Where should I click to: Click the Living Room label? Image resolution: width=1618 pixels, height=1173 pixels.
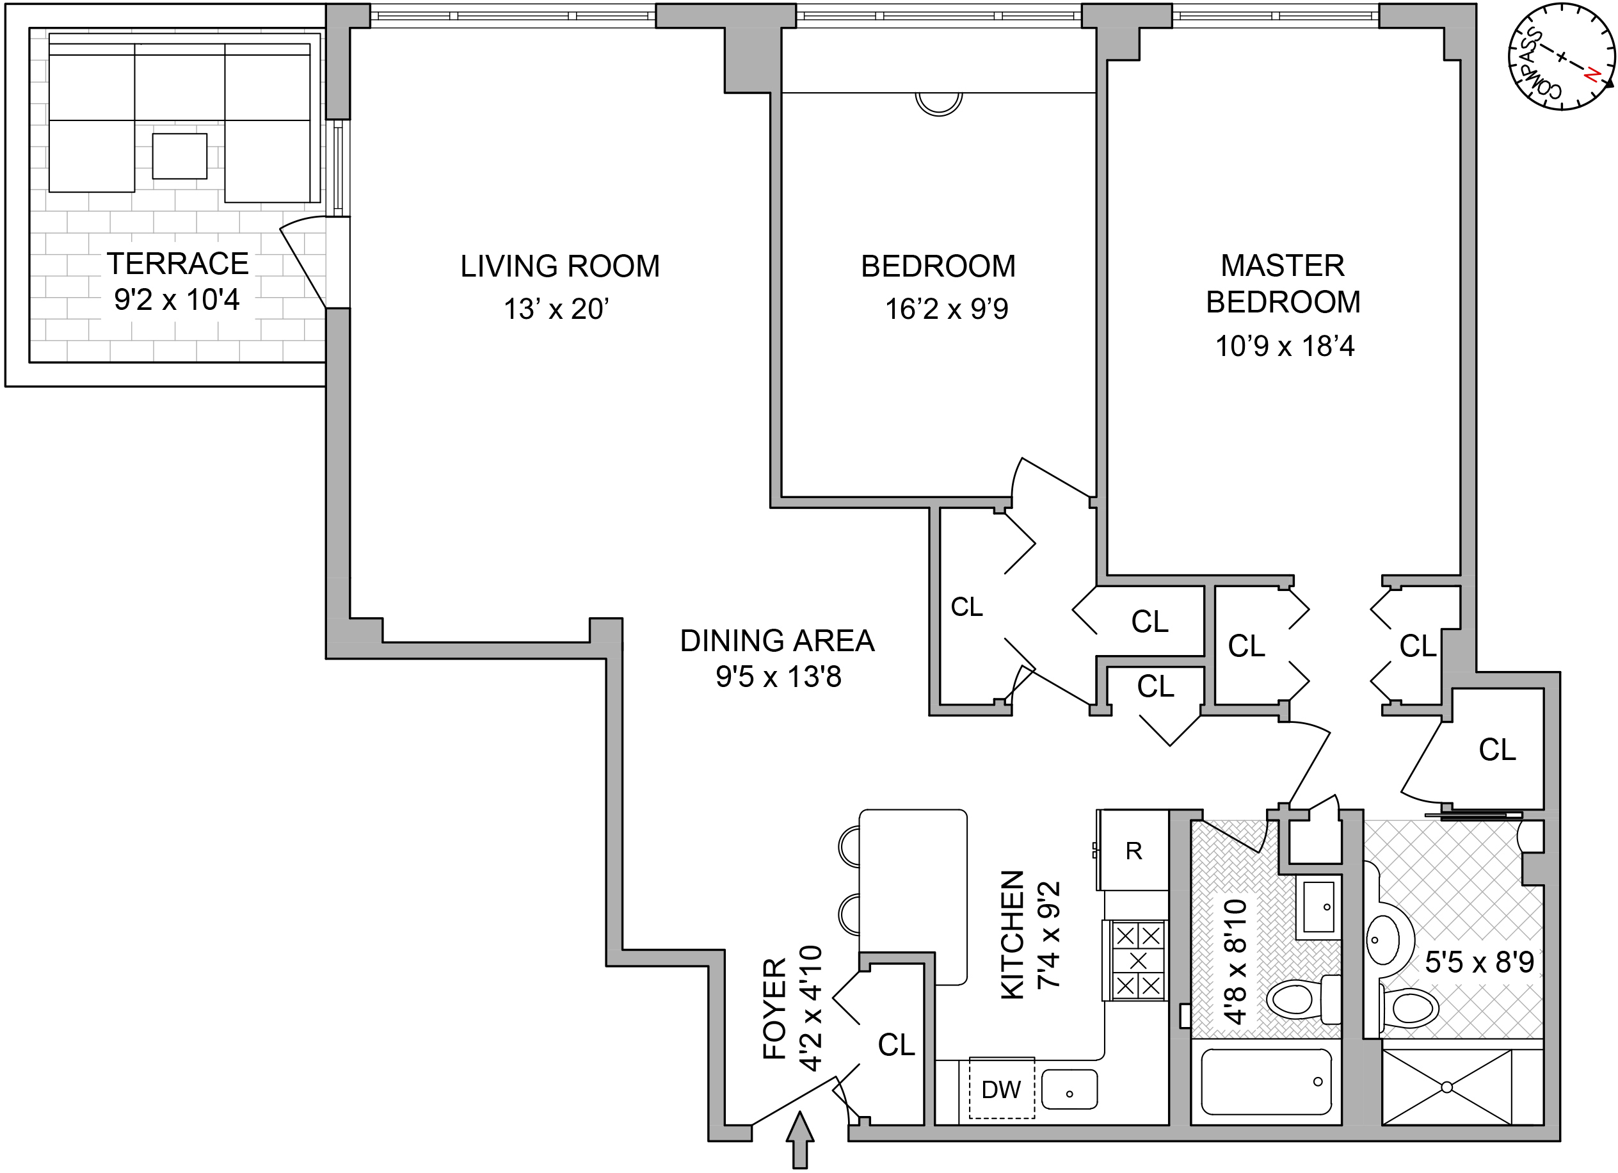pyautogui.click(x=559, y=266)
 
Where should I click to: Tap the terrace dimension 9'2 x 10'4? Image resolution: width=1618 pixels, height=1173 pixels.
pyautogui.click(x=177, y=300)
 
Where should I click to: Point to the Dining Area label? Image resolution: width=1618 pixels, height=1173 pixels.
pyautogui.click(x=777, y=641)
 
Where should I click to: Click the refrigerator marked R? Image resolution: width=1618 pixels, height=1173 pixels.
pyautogui.click(x=1133, y=850)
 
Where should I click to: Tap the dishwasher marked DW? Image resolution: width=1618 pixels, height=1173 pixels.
pyautogui.click(x=1001, y=1090)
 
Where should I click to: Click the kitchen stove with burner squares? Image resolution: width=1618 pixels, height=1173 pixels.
pyautogui.click(x=1137, y=960)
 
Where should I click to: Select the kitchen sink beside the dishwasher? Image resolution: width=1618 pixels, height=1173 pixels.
pyautogui.click(x=1069, y=1090)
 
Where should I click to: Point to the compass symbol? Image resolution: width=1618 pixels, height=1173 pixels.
pyautogui.click(x=1562, y=57)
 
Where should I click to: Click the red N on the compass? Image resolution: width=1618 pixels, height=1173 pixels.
pyautogui.click(x=1592, y=74)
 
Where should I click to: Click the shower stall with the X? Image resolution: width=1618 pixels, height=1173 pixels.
pyautogui.click(x=1446, y=1087)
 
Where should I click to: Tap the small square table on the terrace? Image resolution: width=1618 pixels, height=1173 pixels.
pyautogui.click(x=180, y=156)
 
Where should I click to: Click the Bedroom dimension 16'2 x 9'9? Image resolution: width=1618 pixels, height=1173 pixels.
pyautogui.click(x=947, y=309)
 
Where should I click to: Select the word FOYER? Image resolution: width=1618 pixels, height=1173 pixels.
pyautogui.click(x=774, y=1008)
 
